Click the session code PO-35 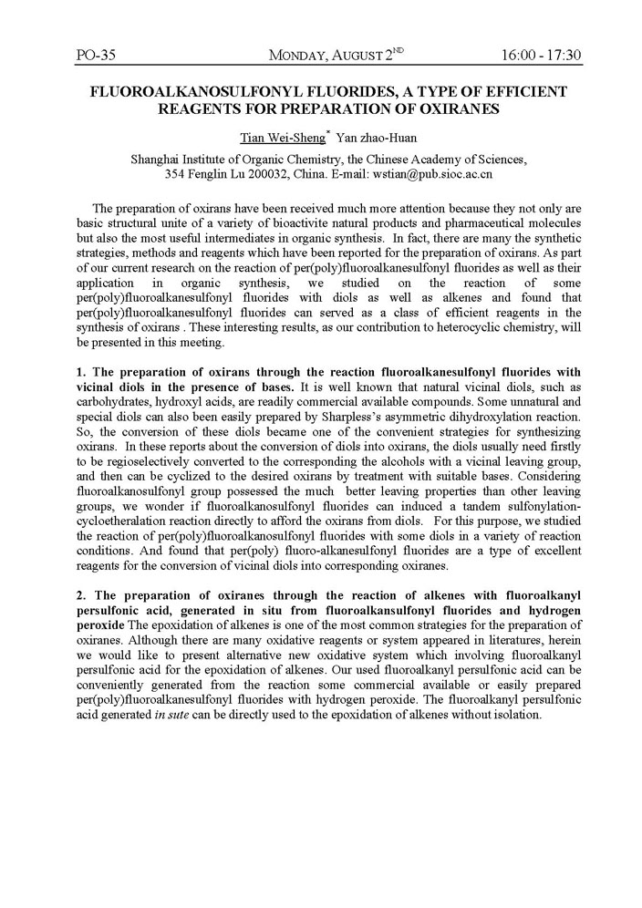coord(95,56)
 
